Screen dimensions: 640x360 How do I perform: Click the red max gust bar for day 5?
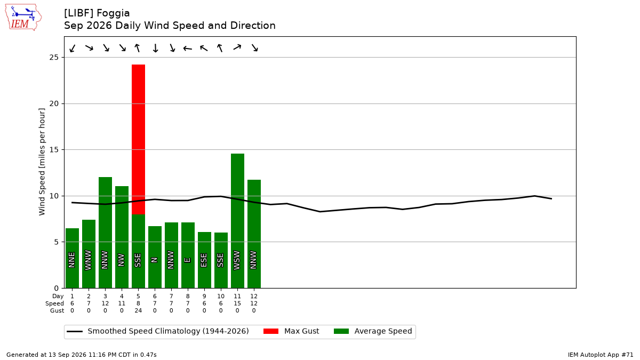click(x=138, y=139)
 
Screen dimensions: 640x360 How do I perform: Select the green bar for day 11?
click(x=237, y=221)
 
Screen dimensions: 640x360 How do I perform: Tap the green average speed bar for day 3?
click(x=105, y=233)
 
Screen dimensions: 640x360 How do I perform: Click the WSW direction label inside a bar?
click(x=237, y=260)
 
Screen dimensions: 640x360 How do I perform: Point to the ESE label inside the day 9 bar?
click(x=204, y=260)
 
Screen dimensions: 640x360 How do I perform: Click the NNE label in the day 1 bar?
click(x=71, y=260)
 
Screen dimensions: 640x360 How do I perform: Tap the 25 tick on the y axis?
click(x=54, y=58)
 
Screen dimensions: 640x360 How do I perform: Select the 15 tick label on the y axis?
click(x=54, y=150)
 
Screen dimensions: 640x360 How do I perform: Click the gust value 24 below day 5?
click(x=138, y=310)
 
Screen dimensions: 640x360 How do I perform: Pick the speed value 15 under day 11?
click(x=237, y=303)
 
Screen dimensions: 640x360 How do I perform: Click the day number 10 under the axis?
click(x=221, y=297)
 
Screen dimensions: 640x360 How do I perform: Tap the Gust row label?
click(x=57, y=310)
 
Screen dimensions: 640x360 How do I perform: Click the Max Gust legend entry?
click(x=291, y=331)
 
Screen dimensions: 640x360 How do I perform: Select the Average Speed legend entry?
click(x=373, y=331)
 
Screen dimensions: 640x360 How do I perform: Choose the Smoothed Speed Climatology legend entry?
click(x=158, y=331)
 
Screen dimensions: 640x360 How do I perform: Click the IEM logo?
click(x=23, y=18)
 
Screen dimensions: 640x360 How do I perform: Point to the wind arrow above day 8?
click(x=188, y=49)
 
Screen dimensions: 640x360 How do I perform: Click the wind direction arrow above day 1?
click(x=73, y=49)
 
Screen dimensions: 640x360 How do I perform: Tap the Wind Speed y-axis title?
click(x=42, y=162)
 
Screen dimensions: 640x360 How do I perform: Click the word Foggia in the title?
click(x=113, y=13)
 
